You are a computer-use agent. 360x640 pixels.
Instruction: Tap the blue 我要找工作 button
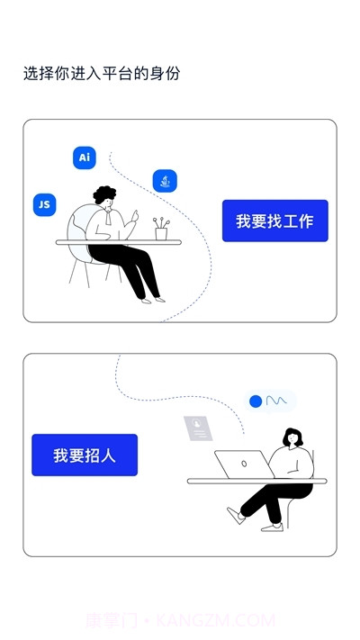point(274,221)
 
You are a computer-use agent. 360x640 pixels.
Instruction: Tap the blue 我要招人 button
point(85,455)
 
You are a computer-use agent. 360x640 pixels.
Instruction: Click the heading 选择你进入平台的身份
point(102,74)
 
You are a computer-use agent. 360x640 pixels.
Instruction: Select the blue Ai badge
point(85,158)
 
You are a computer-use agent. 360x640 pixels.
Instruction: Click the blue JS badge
point(43,204)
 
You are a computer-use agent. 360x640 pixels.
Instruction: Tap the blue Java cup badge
point(165,181)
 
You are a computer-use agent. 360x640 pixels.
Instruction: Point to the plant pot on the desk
point(161,232)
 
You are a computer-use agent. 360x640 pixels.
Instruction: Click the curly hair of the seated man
point(106,195)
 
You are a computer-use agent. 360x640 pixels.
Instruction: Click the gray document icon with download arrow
point(198,428)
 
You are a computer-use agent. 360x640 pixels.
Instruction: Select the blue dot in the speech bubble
point(256,401)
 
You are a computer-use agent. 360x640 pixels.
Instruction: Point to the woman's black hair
point(293,438)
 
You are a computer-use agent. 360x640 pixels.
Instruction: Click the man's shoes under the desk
point(152,298)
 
